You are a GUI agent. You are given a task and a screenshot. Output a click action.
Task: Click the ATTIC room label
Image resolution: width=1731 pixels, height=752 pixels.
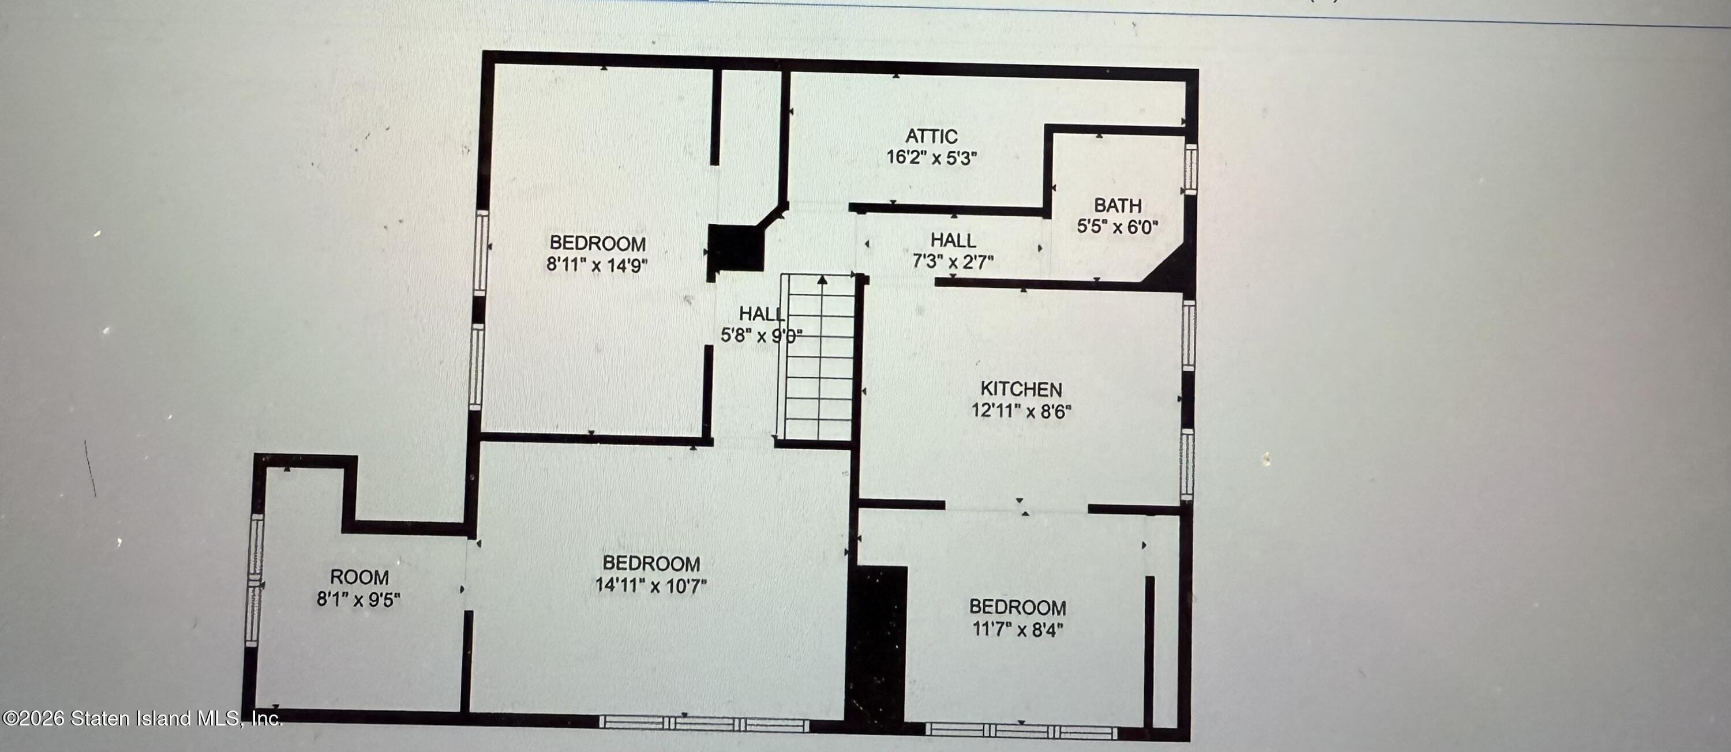pyautogui.click(x=931, y=136)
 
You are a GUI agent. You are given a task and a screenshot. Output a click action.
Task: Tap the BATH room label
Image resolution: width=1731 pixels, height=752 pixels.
pyautogui.click(x=1117, y=205)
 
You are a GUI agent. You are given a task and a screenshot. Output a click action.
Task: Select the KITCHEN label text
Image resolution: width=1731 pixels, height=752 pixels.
pyautogui.click(x=1021, y=389)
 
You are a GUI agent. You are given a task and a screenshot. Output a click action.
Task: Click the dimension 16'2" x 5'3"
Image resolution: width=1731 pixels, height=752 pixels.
pyautogui.click(x=931, y=158)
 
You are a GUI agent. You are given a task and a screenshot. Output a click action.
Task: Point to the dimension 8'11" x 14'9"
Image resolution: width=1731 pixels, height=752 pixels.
pyautogui.click(x=597, y=265)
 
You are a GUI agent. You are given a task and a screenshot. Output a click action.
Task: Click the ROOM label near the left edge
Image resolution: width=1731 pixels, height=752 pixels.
pyautogui.click(x=359, y=577)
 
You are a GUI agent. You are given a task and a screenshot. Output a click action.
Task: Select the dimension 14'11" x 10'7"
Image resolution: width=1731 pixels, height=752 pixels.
pyautogui.click(x=650, y=585)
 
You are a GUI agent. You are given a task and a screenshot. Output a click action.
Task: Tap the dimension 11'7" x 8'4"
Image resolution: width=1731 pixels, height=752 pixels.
pyautogui.click(x=1017, y=629)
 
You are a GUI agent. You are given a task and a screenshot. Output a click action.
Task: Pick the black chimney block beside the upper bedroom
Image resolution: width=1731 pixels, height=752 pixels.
pyautogui.click(x=736, y=249)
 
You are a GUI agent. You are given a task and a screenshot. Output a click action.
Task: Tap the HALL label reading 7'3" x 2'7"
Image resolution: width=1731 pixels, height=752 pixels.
pyautogui.click(x=953, y=240)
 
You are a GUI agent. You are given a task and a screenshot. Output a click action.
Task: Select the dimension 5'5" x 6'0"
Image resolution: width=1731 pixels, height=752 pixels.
pyautogui.click(x=1117, y=227)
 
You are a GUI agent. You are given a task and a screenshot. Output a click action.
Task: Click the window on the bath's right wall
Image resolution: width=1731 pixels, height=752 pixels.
pyautogui.click(x=1190, y=168)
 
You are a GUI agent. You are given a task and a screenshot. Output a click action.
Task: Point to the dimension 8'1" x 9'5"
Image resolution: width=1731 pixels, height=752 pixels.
pyautogui.click(x=359, y=599)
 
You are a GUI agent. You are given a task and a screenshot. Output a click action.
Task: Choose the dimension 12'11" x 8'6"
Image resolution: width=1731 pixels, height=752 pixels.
pyautogui.click(x=1021, y=410)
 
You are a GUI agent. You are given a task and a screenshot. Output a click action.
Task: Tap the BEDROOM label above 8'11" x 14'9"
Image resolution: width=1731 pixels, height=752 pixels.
pyautogui.click(x=597, y=243)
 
